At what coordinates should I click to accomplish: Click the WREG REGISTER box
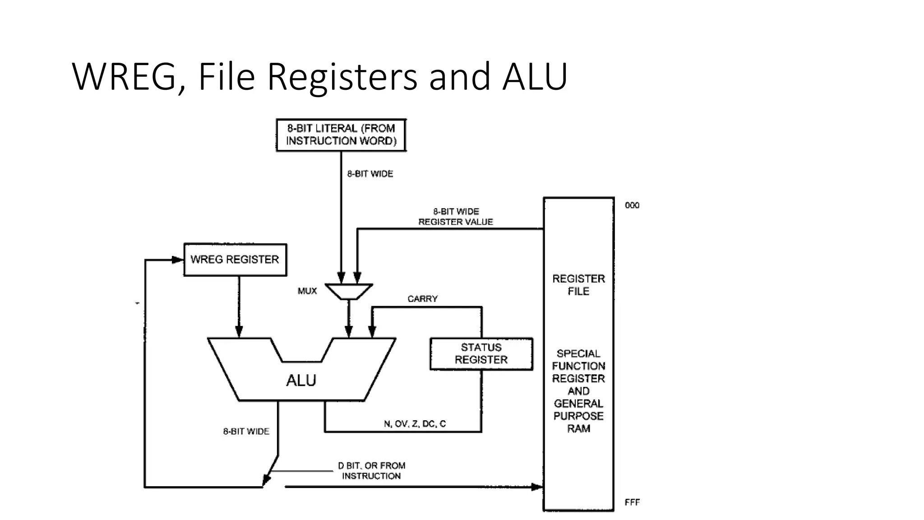235,260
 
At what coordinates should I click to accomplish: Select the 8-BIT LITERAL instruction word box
341,135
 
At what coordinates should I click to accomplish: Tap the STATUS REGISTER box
481,354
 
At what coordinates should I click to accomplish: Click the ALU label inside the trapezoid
301,381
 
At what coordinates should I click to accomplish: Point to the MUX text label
307,291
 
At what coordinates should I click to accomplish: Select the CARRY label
422,299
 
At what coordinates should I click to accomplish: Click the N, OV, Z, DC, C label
415,424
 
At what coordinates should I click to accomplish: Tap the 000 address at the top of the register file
632,205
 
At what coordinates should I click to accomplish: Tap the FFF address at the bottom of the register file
632,502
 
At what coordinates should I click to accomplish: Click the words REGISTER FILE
578,285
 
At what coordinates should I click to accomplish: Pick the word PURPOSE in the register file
578,416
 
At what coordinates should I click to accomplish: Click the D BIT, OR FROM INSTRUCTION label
371,470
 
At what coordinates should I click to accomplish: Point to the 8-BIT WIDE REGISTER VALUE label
456,217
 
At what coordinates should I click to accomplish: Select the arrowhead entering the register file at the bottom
537,487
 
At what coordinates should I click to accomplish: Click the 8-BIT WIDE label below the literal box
370,174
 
